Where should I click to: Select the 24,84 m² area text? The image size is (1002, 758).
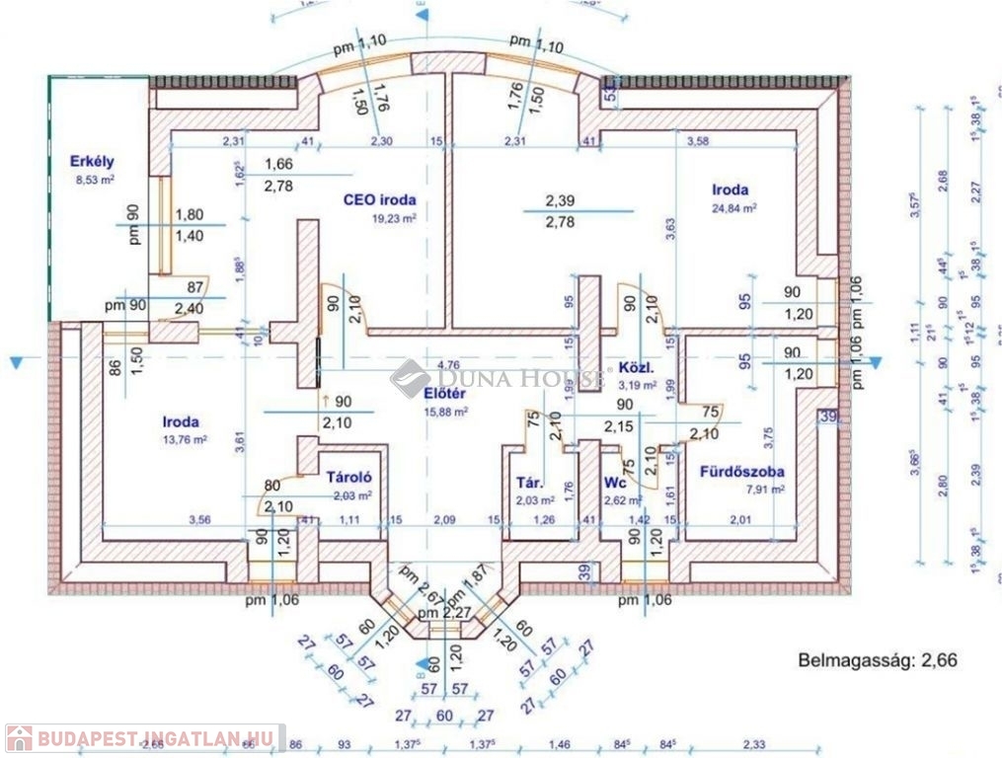coord(732,208)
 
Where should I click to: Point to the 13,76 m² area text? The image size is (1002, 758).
coord(185,441)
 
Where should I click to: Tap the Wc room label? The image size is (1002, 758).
coord(615,483)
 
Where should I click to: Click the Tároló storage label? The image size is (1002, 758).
coord(348,478)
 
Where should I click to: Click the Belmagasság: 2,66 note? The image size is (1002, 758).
coord(877,659)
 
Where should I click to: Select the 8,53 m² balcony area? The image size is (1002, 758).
coord(95,179)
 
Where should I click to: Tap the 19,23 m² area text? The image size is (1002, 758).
coord(393,218)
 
